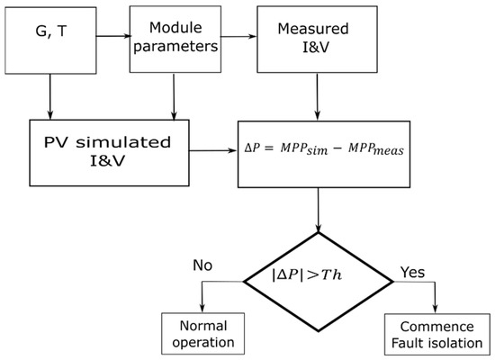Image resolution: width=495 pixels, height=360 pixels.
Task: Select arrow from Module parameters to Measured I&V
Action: click(x=238, y=39)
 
